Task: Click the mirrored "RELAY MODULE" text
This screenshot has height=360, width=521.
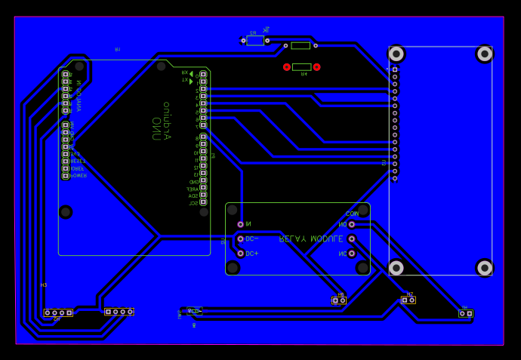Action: pos(311,238)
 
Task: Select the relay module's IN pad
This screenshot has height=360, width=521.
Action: pos(241,224)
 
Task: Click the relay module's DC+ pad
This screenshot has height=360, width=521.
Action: pos(241,254)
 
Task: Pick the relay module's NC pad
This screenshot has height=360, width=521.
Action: pos(352,254)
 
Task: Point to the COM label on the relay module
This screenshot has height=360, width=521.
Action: pos(352,214)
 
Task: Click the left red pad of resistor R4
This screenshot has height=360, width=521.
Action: pos(287,67)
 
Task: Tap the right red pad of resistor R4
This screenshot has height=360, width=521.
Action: pos(316,67)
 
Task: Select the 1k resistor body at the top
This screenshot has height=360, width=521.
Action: pos(255,41)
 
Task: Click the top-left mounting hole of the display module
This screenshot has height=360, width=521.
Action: pos(396,54)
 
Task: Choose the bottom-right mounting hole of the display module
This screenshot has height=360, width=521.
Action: pos(485,268)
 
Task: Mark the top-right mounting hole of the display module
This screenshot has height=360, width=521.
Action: pos(485,54)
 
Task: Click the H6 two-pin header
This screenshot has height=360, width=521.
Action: pos(339,300)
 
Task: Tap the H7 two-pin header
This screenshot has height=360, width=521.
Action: pos(408,300)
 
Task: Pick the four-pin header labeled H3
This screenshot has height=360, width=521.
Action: pos(58,312)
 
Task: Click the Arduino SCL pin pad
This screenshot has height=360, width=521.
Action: pos(203,203)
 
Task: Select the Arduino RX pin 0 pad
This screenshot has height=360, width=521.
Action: pos(203,75)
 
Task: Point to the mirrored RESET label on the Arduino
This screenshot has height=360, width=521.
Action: pos(79,161)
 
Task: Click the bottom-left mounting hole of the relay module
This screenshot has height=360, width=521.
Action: pos(233,268)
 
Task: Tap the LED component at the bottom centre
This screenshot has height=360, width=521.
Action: pos(193,311)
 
